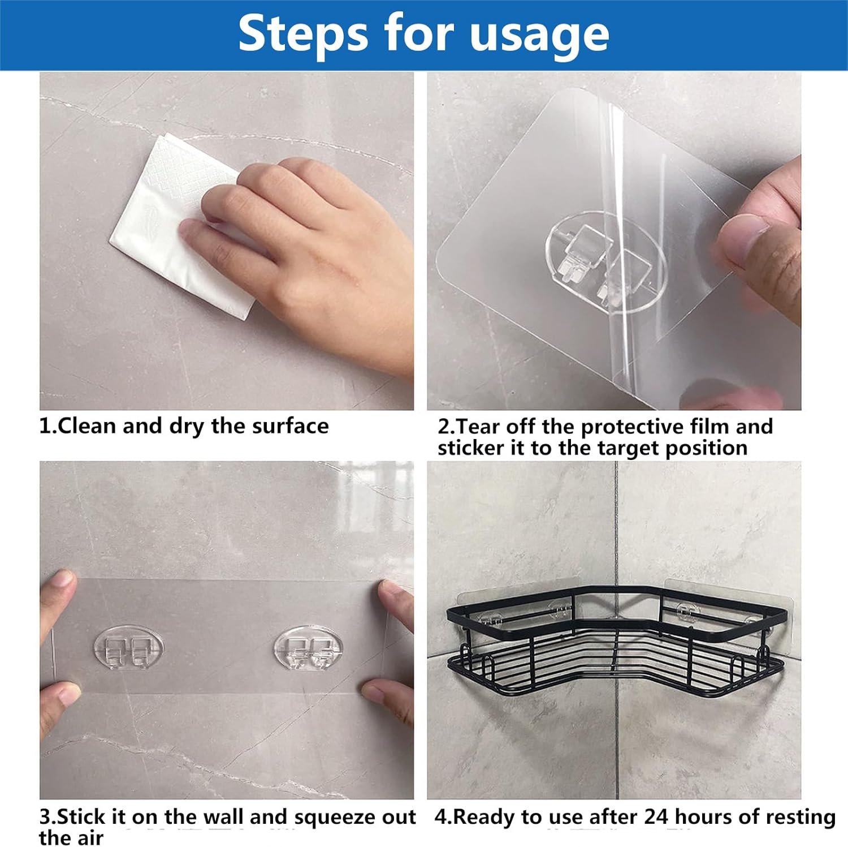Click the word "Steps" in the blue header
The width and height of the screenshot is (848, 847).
click(302, 35)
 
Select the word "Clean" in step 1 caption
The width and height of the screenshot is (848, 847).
click(87, 426)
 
